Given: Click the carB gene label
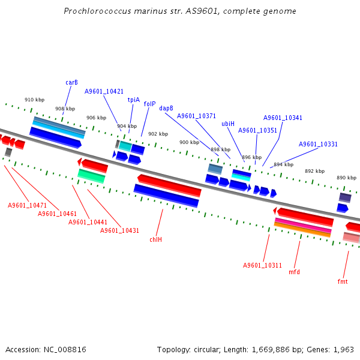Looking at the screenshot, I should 71,82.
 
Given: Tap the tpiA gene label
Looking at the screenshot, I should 133,100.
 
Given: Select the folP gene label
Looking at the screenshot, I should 149,104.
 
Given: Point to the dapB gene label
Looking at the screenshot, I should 166,108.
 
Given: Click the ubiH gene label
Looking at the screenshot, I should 228,124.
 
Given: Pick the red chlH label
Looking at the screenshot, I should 156,239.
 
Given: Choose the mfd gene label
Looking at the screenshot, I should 294,272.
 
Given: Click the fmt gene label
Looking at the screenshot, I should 343,281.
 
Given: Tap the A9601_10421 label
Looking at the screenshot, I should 104,91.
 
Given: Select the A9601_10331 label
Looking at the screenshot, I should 318,144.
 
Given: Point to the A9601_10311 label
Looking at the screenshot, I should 262,265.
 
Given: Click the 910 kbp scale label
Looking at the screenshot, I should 34,100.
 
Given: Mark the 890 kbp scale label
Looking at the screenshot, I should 346,178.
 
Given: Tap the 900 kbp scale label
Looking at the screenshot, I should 189,142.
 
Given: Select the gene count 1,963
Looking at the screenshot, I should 343,349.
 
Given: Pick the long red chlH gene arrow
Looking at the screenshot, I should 169,185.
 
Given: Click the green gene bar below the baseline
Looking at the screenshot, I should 91,175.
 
